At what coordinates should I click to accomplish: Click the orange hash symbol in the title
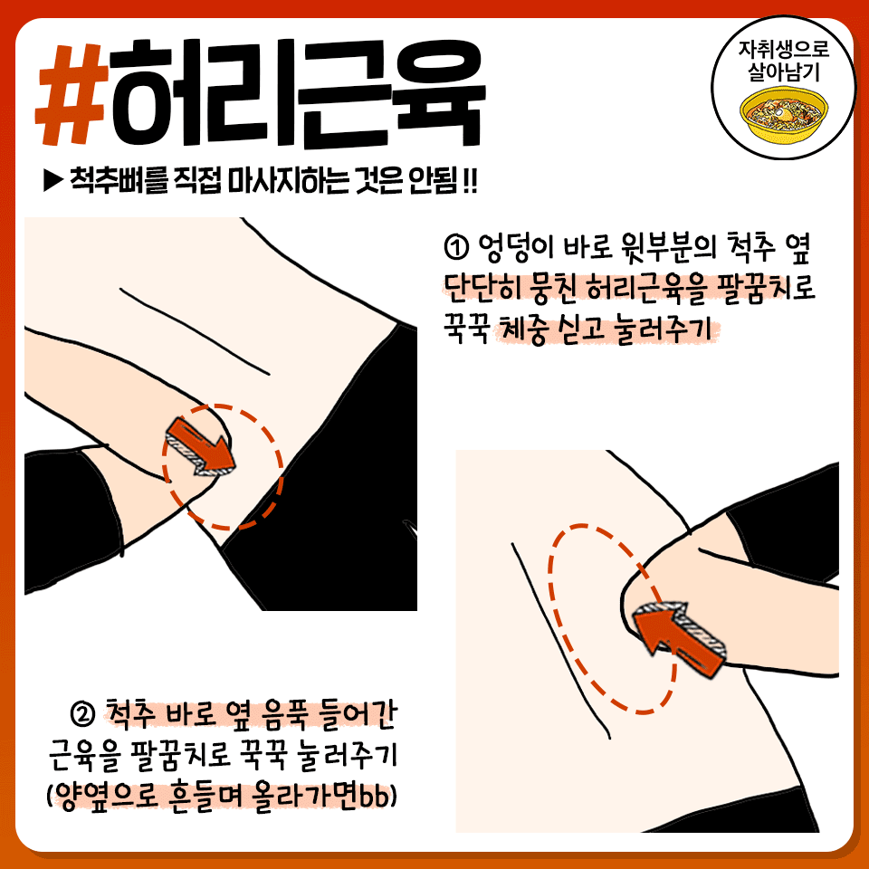[x=72, y=93]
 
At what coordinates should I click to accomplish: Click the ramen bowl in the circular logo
[x=784, y=115]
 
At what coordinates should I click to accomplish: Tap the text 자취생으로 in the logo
[x=784, y=49]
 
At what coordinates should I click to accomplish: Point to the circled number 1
[x=456, y=248]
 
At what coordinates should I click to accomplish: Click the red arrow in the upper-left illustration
[x=201, y=446]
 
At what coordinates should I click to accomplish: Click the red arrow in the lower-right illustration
[x=678, y=636]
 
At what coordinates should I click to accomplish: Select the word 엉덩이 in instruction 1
[x=514, y=248]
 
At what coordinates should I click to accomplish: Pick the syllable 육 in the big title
[x=438, y=93]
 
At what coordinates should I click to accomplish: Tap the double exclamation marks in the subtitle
[x=470, y=180]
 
